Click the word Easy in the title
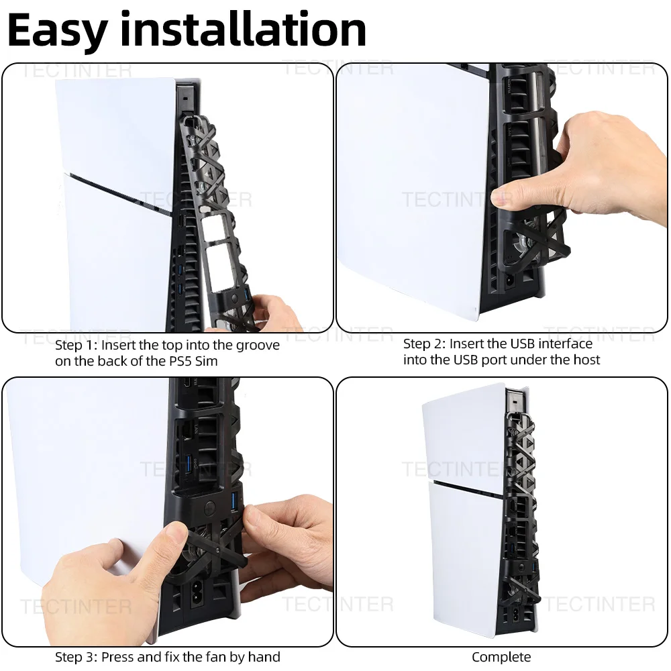(x=57, y=30)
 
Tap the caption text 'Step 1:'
(x=76, y=346)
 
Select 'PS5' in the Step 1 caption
(x=187, y=361)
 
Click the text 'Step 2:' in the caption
(x=424, y=344)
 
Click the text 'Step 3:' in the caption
(x=76, y=656)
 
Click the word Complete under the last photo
(x=501, y=657)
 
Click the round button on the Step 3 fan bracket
(x=209, y=508)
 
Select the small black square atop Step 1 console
(x=183, y=95)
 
